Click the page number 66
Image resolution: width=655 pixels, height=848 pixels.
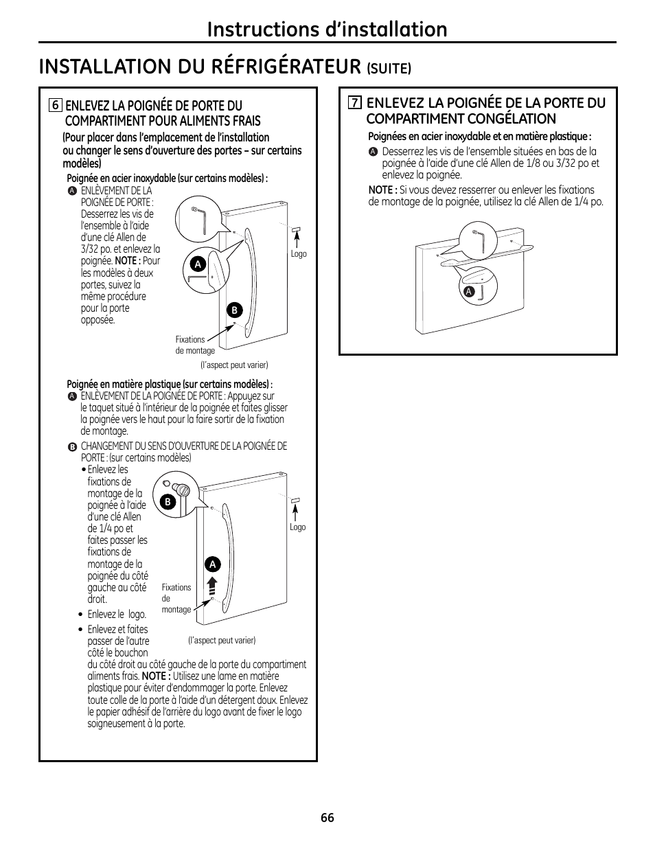(x=327, y=818)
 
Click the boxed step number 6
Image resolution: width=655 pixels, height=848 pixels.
(x=56, y=106)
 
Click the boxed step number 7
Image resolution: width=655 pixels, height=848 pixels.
(x=354, y=103)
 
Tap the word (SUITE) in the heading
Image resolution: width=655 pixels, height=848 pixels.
(x=389, y=68)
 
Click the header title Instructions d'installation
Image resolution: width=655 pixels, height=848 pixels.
(x=327, y=29)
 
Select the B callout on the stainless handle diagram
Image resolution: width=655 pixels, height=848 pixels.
(x=233, y=310)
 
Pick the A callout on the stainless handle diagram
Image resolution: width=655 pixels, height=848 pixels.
(x=198, y=264)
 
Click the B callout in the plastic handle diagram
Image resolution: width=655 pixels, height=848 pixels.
(x=167, y=502)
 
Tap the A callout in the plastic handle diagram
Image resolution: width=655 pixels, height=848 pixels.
(x=213, y=564)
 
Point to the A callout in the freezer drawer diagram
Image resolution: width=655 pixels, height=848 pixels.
(x=469, y=292)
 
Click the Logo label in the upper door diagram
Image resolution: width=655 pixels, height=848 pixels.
(x=299, y=254)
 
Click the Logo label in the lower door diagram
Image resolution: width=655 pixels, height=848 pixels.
(x=297, y=527)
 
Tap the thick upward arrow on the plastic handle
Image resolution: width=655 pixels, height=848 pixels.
(x=213, y=585)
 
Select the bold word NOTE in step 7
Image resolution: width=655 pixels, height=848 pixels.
(x=382, y=190)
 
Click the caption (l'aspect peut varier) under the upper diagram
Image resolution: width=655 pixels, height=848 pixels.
(x=234, y=365)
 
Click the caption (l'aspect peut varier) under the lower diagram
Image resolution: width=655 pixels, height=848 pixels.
(x=222, y=640)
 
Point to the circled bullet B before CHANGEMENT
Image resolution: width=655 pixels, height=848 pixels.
(x=72, y=446)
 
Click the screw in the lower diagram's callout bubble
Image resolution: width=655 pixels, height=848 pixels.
(x=182, y=489)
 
